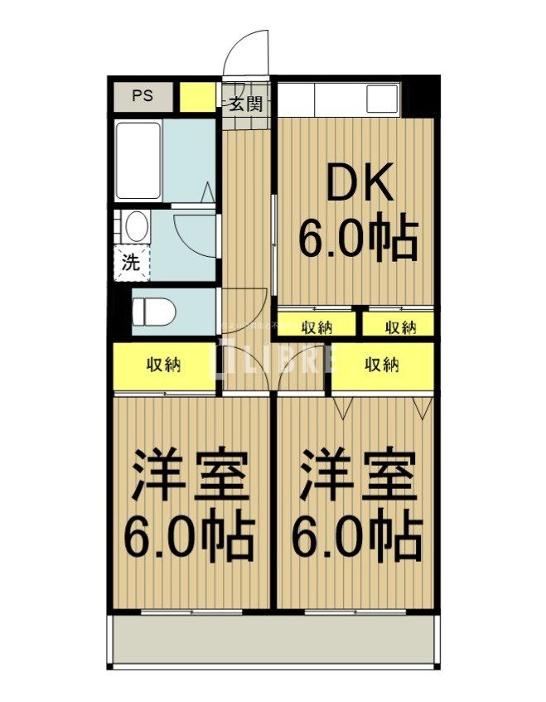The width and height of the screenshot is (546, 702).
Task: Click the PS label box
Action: tap(143, 96)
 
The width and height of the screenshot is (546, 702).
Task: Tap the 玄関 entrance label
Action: tap(245, 104)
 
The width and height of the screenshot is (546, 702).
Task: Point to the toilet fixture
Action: tap(152, 312)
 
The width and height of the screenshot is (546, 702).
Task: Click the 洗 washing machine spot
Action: tap(131, 264)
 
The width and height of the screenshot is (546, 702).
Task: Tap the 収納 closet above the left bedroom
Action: tap(166, 365)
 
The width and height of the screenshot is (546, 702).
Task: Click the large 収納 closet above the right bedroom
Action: tap(383, 365)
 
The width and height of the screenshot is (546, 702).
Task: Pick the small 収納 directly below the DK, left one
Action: tap(316, 326)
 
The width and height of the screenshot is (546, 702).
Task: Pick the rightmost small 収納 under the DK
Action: tap(400, 326)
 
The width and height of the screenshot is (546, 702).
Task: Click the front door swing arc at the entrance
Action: tap(249, 51)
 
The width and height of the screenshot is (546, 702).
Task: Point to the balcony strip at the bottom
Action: tap(273, 641)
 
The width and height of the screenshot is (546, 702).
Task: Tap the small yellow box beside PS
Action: tap(197, 97)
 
